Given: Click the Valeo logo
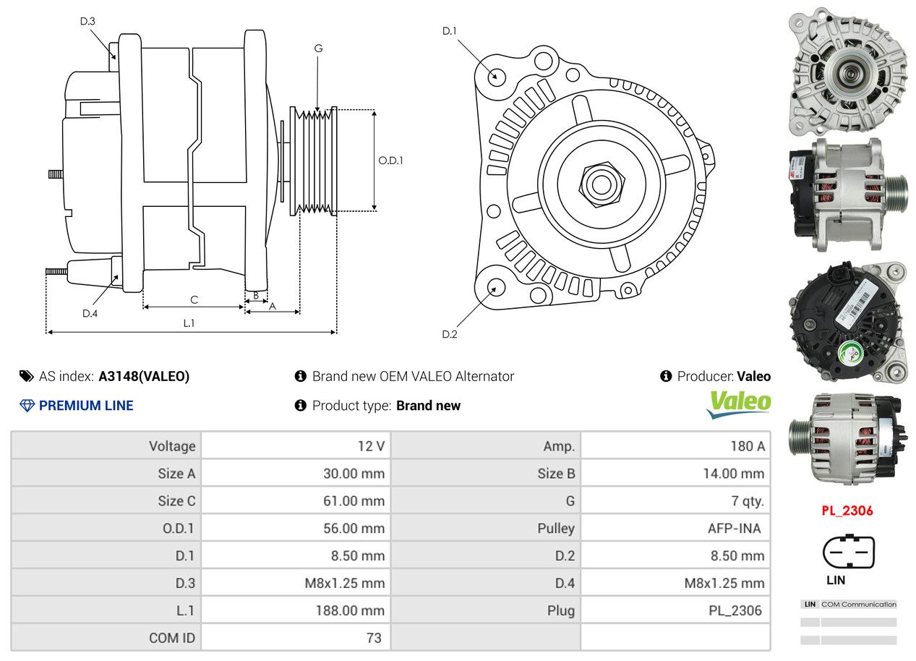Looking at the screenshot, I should point(738,404).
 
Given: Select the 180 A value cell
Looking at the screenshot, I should point(747,446).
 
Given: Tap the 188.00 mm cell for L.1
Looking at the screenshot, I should point(349,610).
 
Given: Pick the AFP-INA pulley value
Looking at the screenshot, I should point(734,528).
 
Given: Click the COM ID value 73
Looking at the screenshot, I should point(374,638).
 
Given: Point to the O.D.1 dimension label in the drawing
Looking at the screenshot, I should point(390,161).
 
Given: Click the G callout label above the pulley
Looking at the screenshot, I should point(318,48).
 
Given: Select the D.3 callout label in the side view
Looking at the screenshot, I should point(87,21).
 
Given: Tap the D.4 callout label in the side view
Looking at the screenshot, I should point(90,313).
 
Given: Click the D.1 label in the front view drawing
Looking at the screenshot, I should point(450,31).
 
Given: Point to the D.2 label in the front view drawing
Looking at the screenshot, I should point(450,334).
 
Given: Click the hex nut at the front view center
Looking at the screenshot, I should point(600,183).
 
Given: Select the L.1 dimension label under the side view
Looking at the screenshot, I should point(189,323).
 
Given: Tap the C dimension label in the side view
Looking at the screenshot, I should point(194,299).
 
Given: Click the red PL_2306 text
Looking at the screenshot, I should point(847,511).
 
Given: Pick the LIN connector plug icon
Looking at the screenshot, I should point(848,553).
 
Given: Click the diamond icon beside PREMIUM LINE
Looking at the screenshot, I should point(27,406).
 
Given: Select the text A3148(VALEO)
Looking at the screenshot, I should point(144,376).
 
